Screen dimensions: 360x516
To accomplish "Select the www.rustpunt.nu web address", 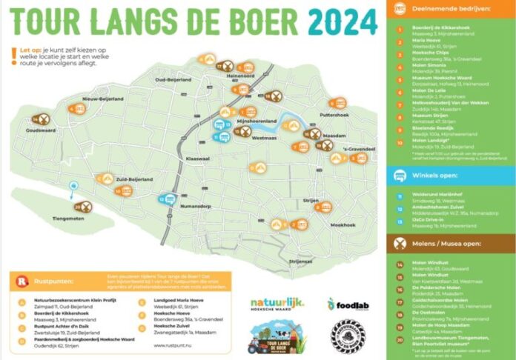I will (174, 344).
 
